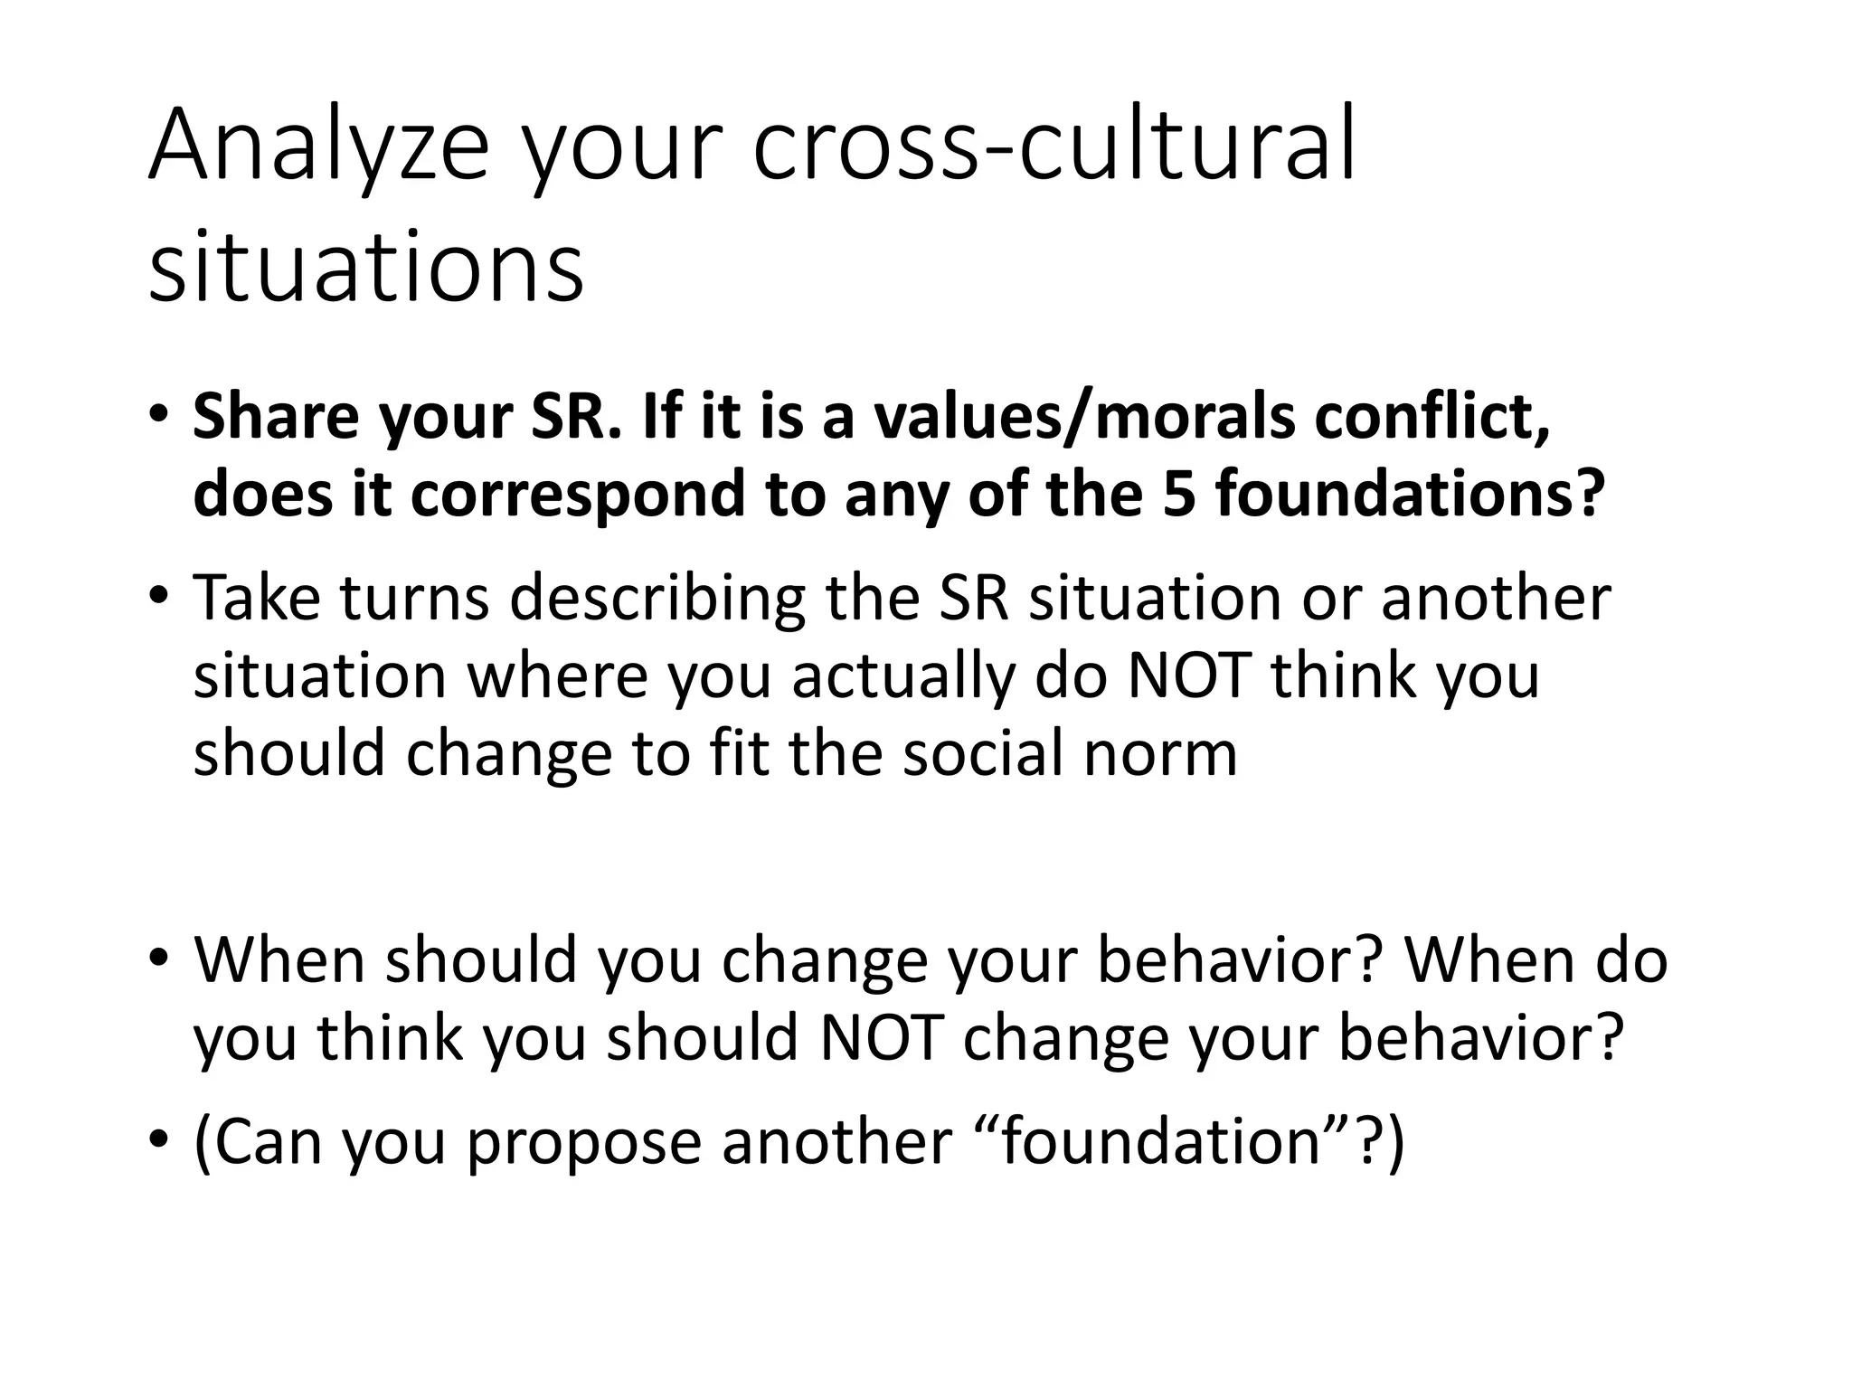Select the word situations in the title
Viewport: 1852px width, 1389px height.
tap(366, 268)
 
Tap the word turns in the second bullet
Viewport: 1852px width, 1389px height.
tap(415, 598)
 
